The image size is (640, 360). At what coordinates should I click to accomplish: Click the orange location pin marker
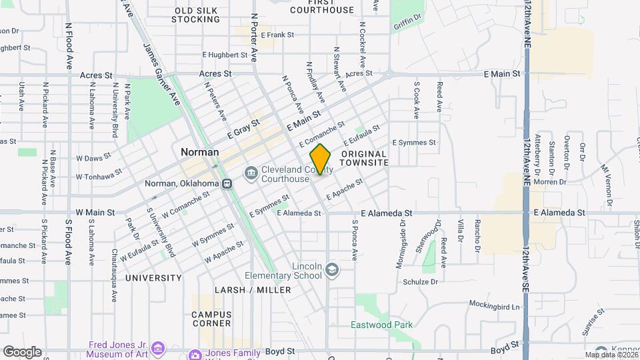[x=320, y=159]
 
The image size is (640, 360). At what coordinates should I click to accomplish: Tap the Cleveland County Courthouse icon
[x=251, y=174]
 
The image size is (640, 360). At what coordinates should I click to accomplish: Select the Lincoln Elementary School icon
[x=332, y=270]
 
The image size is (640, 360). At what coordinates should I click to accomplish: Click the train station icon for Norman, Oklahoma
[x=227, y=183]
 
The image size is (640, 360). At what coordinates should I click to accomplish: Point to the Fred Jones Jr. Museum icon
[x=158, y=348]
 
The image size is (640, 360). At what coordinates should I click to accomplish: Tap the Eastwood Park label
[x=382, y=325]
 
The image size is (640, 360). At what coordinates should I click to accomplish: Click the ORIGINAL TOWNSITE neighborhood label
[x=364, y=158]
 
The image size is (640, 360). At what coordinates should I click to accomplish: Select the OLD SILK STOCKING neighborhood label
[x=196, y=15]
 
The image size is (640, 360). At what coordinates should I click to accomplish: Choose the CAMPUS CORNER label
[x=211, y=319]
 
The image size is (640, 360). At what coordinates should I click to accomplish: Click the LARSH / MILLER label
[x=253, y=290]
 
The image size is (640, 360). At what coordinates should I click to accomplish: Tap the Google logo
[x=22, y=352]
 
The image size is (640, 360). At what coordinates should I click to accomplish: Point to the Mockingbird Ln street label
[x=493, y=307]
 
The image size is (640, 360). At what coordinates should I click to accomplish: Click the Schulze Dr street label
[x=420, y=282]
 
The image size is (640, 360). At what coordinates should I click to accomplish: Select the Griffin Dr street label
[x=408, y=25]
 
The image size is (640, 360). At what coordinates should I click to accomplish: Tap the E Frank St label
[x=278, y=35]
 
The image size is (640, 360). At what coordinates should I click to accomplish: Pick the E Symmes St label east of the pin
[x=413, y=143]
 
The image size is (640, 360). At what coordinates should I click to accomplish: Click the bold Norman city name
[x=199, y=152]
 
